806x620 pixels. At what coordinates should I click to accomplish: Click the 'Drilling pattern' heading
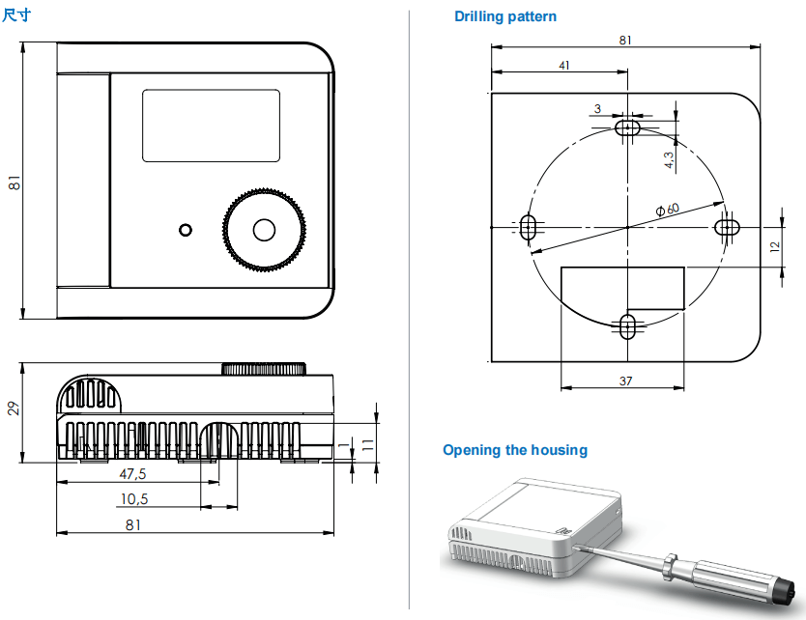pos(505,16)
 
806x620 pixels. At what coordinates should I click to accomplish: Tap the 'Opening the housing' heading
pos(514,450)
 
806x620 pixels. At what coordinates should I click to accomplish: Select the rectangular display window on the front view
pos(212,126)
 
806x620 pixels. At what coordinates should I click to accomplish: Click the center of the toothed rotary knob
pos(264,230)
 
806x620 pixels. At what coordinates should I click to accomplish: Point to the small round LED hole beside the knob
pos(185,230)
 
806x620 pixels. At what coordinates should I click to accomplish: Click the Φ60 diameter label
pos(667,208)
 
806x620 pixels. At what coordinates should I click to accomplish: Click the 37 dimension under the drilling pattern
pos(625,380)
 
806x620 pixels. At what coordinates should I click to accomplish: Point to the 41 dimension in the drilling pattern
pos(563,65)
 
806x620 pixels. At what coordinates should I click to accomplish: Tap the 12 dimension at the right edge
pos(774,246)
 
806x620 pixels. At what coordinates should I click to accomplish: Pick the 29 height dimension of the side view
pos(13,408)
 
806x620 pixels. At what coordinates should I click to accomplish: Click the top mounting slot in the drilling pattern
pos(629,127)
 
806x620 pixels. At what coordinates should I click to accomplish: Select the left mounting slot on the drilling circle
pos(528,227)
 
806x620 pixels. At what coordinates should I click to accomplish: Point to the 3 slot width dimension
pos(598,108)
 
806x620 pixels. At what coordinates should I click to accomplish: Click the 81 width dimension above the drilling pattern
pos(625,40)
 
